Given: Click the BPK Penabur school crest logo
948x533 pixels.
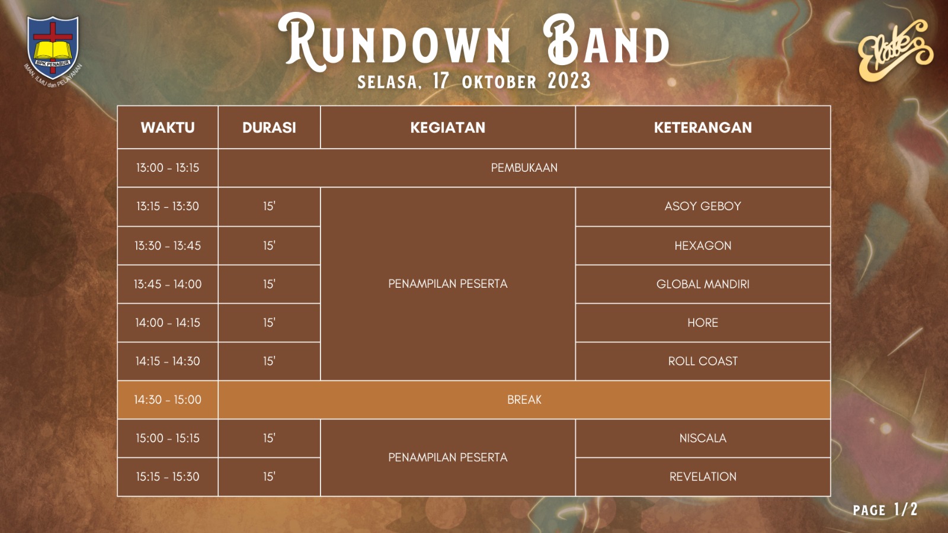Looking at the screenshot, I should tap(53, 47).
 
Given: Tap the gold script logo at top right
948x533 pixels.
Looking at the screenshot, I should tap(894, 50).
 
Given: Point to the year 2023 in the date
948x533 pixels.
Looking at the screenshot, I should tap(569, 81).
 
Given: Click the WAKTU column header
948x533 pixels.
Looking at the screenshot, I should tap(168, 127).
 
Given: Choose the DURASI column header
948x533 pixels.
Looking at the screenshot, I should tap(269, 127).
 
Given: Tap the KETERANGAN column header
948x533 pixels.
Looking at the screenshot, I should tap(703, 127).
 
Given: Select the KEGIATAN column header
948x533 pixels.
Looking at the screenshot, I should tap(447, 127).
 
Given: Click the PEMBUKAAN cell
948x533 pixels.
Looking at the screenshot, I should tap(524, 168).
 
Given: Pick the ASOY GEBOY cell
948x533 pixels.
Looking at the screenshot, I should tap(703, 206).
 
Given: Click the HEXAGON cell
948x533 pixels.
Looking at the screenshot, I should tap(703, 245).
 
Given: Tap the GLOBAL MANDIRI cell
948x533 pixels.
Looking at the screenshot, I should tap(703, 284).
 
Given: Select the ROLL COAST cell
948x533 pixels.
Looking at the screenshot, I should tap(703, 361).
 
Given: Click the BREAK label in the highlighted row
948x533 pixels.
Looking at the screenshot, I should tap(524, 400).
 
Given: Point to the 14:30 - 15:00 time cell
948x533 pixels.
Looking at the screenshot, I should tap(168, 400).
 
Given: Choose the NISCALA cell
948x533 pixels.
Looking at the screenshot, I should tap(703, 438).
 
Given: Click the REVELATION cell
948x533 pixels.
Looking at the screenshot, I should tap(703, 477).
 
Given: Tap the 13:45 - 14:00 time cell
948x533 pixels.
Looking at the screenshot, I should tap(168, 284).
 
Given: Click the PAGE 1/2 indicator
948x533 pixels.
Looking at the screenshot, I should tap(885, 509).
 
